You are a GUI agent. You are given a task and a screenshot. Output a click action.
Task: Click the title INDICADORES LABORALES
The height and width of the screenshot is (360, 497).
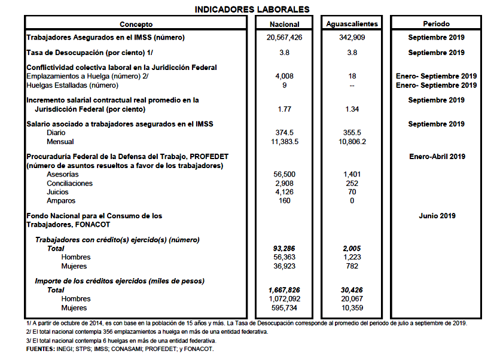click(x=252, y=9)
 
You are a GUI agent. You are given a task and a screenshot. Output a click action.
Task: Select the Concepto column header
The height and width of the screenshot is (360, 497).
click(x=136, y=24)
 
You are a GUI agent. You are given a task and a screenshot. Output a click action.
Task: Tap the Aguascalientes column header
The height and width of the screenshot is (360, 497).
click(x=352, y=24)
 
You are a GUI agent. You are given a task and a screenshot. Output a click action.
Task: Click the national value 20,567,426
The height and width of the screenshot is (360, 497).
click(x=285, y=38)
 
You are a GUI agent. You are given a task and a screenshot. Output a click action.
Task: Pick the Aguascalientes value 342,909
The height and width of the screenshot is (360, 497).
click(x=352, y=38)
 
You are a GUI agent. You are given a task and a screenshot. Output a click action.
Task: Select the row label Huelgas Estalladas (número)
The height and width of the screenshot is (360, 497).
click(x=72, y=85)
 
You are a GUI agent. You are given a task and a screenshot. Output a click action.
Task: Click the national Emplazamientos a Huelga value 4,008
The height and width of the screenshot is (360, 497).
click(x=285, y=77)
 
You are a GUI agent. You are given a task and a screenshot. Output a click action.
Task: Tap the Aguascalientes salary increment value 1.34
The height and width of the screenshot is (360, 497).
click(x=352, y=109)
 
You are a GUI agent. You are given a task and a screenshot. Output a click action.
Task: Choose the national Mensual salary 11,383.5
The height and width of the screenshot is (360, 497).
click(x=285, y=142)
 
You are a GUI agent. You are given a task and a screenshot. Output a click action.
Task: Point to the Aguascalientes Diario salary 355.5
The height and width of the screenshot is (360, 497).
click(x=352, y=133)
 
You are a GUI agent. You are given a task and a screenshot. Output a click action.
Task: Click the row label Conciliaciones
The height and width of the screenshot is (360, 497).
click(x=69, y=183)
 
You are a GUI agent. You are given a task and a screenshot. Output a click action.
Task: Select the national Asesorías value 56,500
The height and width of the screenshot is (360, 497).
click(x=285, y=174)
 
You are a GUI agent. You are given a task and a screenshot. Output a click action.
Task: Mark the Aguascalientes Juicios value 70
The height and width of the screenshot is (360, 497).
click(x=352, y=192)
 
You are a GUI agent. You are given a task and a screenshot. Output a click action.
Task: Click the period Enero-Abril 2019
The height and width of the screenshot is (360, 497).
click(x=437, y=157)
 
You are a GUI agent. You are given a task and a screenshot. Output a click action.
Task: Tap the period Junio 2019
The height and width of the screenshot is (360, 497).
click(x=437, y=215)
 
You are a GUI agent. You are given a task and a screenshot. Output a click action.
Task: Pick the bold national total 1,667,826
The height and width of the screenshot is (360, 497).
click(x=285, y=290)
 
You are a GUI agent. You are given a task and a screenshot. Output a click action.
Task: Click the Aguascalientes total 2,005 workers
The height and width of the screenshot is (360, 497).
click(x=352, y=248)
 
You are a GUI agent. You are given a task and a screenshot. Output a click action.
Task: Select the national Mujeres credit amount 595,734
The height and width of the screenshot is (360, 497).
click(x=285, y=307)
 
